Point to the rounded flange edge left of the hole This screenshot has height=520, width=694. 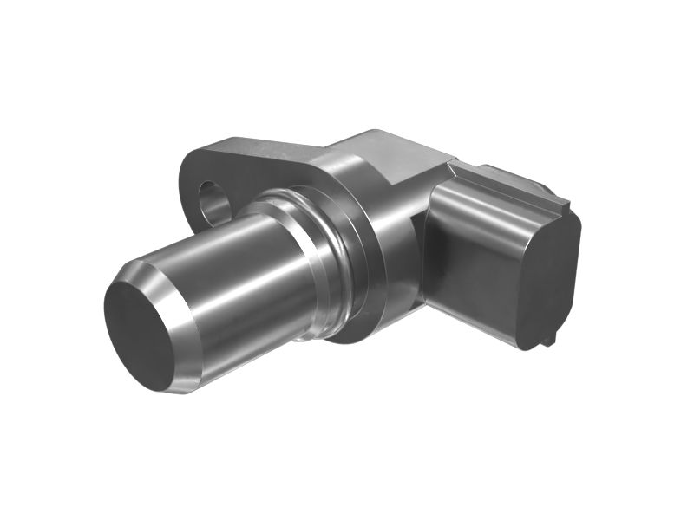click(x=188, y=186)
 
